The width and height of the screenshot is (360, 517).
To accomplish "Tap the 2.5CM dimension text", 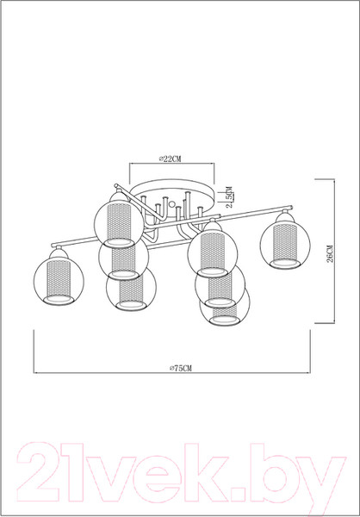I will point(229,196).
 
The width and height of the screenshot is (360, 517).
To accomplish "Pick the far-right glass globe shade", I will point(282,244).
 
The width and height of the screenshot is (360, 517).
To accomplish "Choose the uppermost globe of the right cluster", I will point(208,248).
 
